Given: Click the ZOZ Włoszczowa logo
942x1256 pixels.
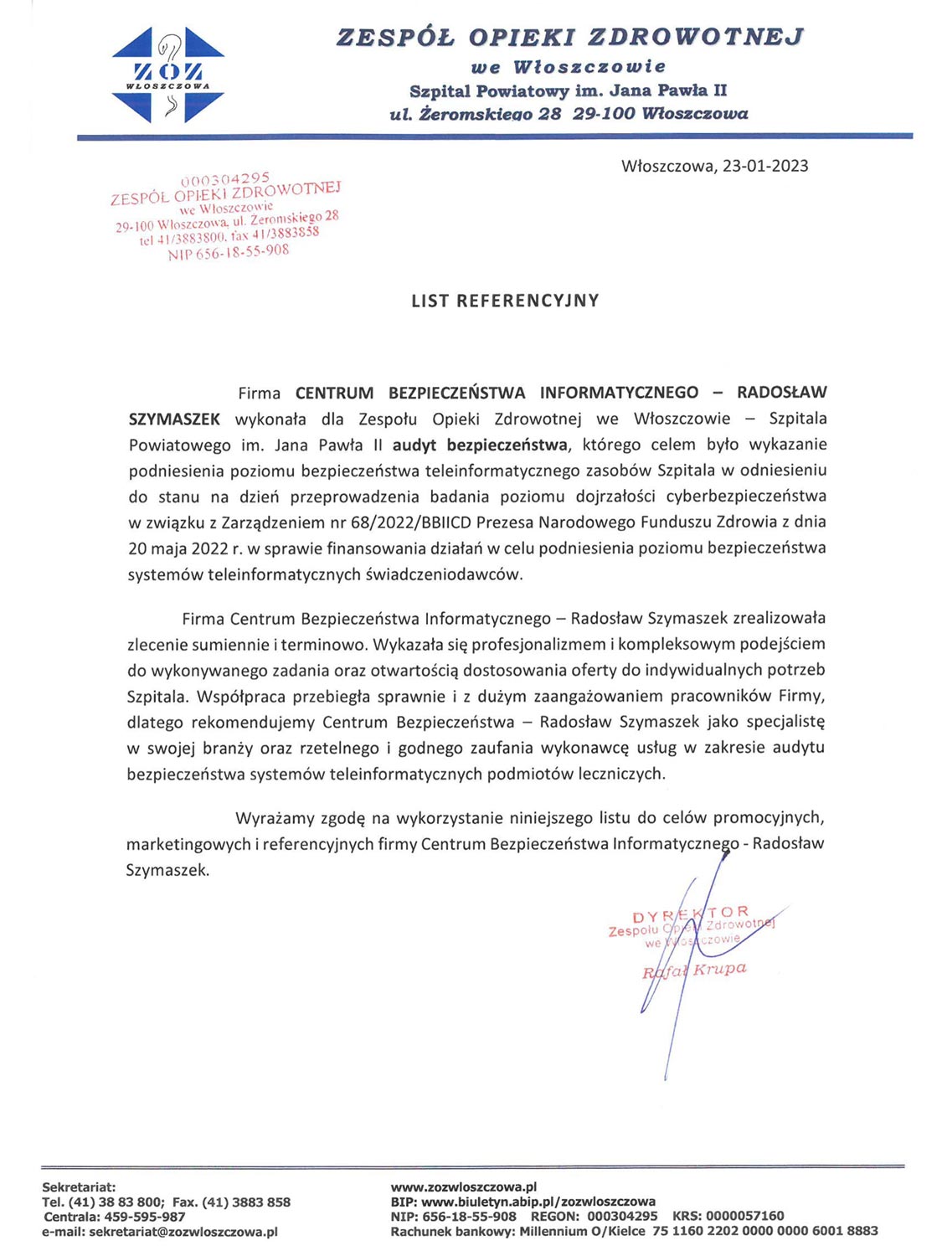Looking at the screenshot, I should click(167, 75).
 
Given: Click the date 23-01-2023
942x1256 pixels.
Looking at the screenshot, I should click(765, 166).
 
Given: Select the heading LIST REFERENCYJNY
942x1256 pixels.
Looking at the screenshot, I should click(505, 301).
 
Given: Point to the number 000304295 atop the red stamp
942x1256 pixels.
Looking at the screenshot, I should click(225, 178).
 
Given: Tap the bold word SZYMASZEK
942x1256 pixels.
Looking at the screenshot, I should click(174, 419).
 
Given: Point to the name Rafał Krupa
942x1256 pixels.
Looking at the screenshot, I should click(693, 970).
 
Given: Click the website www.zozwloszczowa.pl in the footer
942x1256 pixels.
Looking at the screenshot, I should click(463, 1187).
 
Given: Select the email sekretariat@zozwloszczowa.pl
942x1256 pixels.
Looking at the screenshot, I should click(183, 1232).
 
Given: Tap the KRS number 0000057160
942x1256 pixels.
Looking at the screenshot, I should click(744, 1216).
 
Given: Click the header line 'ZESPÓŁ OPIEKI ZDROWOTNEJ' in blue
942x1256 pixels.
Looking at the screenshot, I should click(569, 37).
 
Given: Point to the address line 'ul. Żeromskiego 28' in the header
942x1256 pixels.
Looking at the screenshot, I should click(476, 114).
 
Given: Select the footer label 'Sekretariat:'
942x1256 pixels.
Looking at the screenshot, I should click(79, 1187).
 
